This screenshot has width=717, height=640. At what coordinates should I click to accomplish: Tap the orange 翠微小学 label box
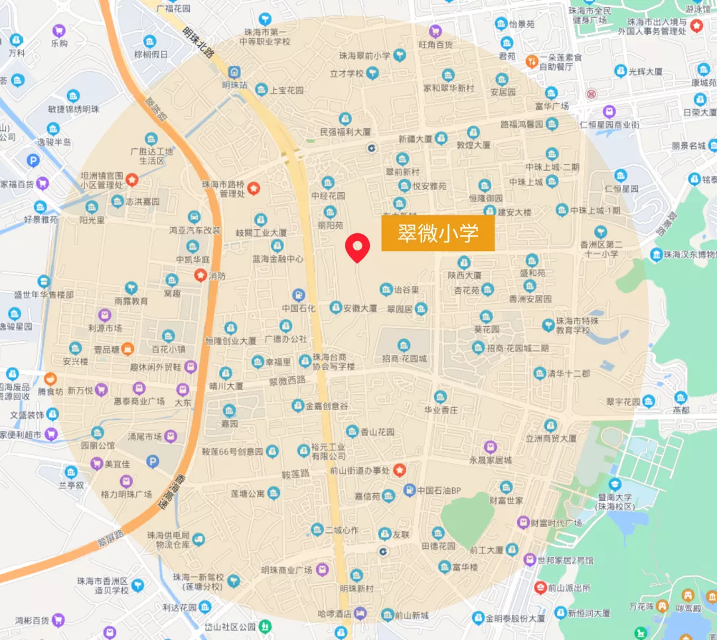(438, 233)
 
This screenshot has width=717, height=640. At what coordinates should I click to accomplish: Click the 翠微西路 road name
(287, 381)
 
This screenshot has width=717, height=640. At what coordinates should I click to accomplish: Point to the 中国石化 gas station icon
(299, 294)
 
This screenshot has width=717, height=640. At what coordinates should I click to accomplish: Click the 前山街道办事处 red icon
(399, 470)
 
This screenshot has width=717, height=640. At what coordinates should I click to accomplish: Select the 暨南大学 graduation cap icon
(615, 484)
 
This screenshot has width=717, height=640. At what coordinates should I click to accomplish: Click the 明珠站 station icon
(234, 72)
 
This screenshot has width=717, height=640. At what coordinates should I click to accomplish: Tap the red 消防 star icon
(199, 274)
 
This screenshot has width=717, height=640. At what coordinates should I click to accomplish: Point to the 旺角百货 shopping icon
(436, 31)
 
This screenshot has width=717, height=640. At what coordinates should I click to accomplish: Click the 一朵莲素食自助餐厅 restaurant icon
(531, 62)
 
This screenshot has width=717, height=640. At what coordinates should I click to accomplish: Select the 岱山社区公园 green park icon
(265, 625)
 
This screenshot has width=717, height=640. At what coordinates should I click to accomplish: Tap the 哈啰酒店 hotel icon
(360, 612)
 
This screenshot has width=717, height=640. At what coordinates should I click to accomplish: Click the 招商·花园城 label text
(404, 359)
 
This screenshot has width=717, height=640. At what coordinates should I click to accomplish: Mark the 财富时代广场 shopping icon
(522, 523)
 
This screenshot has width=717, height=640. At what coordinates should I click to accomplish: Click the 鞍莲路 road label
(295, 474)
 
